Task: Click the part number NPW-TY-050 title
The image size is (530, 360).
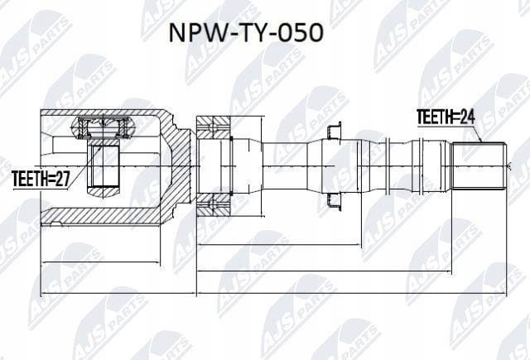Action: [246, 33]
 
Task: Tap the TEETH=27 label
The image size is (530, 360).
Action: [41, 179]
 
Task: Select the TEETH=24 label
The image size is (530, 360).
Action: [446, 117]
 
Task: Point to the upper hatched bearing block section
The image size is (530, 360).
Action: [213, 127]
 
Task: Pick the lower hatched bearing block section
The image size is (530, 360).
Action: [213, 204]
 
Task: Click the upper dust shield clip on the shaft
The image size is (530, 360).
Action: [333, 131]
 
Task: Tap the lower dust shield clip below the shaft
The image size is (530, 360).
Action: [333, 202]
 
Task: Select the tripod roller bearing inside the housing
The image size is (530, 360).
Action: [103, 127]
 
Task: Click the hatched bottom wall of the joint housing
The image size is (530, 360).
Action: [100, 217]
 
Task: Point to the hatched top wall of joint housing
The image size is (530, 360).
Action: [100, 113]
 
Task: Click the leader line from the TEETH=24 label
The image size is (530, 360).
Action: [477, 134]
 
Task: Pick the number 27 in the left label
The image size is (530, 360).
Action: [62, 179]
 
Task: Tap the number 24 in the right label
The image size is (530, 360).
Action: [467, 117]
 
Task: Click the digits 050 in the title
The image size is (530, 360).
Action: [301, 33]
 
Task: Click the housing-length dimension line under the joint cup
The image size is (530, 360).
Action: [100, 262]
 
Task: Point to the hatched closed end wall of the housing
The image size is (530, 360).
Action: [175, 166]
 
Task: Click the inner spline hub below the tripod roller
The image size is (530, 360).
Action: [103, 166]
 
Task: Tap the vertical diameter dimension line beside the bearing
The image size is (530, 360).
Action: [262, 166]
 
